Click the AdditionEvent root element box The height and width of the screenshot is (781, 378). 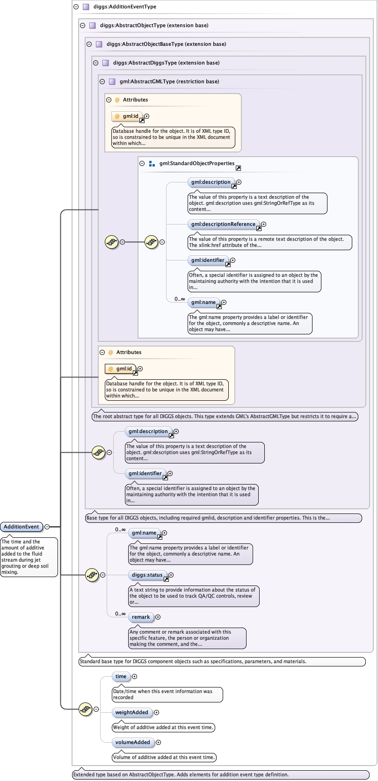coord(22,527)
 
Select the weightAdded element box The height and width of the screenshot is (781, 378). coord(131,712)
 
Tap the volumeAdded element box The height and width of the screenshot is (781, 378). coord(132,742)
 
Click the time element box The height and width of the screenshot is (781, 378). coord(121,676)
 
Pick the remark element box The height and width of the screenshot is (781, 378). coord(141,617)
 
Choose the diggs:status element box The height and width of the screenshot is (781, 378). coord(147,575)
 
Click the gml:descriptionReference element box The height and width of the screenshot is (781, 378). coord(223,224)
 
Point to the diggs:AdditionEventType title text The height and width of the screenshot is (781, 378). coord(125,7)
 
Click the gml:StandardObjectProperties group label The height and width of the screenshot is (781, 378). coord(196,163)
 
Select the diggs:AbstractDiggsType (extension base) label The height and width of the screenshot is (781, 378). coord(166,63)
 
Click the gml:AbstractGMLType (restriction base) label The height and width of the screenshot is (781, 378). coord(169,81)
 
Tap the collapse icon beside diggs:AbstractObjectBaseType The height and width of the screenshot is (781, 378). coord(89,44)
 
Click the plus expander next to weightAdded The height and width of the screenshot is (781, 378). coord(157,712)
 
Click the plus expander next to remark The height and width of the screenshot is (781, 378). coord(158,617)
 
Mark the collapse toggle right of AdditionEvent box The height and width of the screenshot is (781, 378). coord(47,527)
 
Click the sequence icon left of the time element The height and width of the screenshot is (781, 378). coord(85,709)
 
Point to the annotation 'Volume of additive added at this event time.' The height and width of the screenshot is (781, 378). coord(164,757)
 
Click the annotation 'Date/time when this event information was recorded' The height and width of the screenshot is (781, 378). coord(167,694)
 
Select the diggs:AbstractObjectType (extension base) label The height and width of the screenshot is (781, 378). coord(154,25)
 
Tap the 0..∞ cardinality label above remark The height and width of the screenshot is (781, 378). coord(121,614)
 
